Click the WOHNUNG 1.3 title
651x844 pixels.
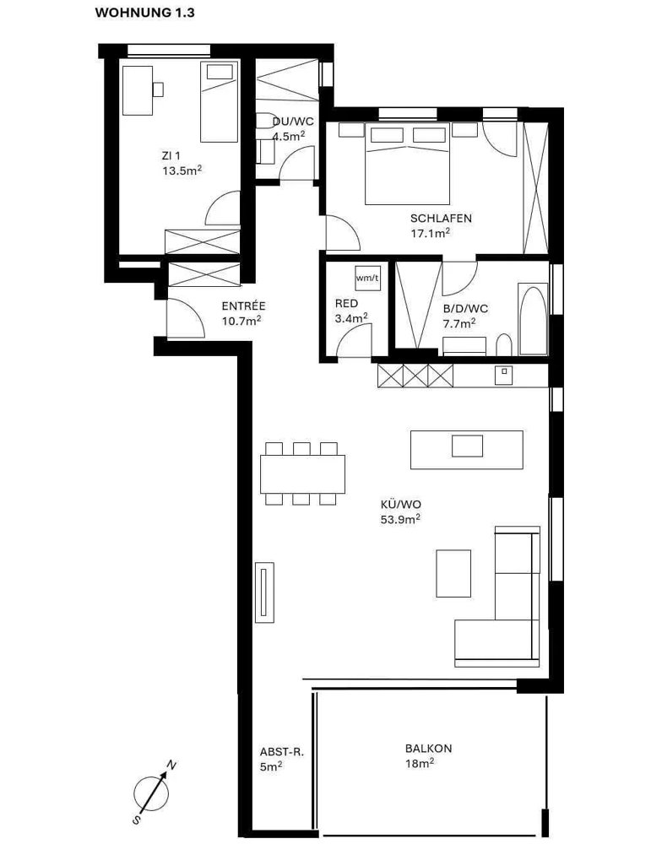pos(144,13)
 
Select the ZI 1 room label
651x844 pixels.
pos(171,156)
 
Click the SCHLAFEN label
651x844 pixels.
pos(441,219)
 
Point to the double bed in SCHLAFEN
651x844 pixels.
pos(407,164)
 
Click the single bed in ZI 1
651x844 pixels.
pos(220,102)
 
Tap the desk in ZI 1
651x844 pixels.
pos(138,90)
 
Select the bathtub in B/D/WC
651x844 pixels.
pos(533,319)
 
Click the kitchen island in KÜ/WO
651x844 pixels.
pos(467,450)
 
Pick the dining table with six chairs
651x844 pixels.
pos(302,473)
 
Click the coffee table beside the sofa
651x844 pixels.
pos(453,573)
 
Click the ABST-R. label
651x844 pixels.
pos(282,753)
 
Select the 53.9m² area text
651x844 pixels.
pos(400,519)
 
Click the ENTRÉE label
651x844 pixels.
pos(243,306)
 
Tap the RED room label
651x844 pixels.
pos(346,304)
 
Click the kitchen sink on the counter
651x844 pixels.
pos(503,374)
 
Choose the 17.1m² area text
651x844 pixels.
pos(431,233)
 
